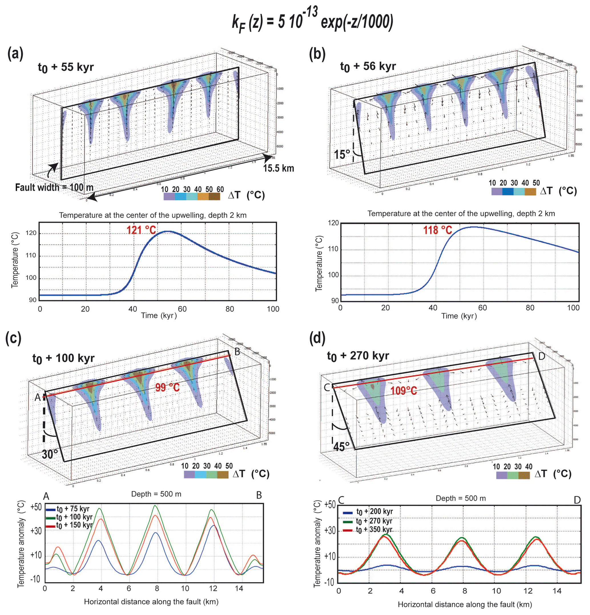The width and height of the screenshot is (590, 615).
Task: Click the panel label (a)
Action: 15,54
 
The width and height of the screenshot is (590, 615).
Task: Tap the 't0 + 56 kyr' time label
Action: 368,66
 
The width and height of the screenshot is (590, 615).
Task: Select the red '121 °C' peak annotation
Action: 141,230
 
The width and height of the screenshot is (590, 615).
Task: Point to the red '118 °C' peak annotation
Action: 437,230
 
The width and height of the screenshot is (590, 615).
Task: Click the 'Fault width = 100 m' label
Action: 54,187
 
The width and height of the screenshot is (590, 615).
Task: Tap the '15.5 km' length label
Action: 278,168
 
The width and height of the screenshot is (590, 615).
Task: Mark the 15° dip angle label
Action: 342,154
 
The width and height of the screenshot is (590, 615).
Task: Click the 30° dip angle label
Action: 50,454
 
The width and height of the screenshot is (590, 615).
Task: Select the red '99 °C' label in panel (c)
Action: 167,387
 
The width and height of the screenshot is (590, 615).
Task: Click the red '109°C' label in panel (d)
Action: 404,391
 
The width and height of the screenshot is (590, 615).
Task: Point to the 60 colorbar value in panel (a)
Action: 220,189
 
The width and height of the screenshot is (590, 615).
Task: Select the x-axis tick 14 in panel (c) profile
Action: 239,588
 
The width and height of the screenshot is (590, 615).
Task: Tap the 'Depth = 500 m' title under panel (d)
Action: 460,498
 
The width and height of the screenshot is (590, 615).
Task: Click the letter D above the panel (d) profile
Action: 577,499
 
